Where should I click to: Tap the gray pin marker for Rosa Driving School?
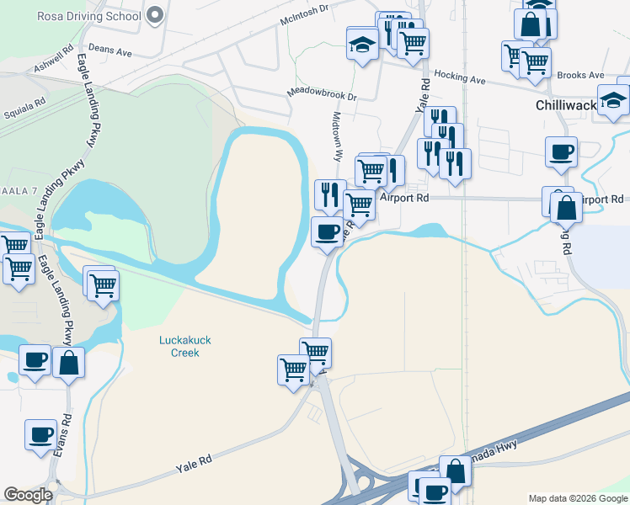point(154,14)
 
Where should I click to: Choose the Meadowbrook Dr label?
point(322,94)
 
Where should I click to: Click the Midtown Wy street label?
point(339,136)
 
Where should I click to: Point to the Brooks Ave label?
point(581,75)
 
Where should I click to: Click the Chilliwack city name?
point(565,106)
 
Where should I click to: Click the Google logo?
point(28,495)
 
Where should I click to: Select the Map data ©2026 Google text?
point(577,498)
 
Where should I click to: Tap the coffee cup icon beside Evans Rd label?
point(40,435)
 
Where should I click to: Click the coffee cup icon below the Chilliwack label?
point(561,152)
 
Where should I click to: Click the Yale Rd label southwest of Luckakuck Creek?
point(192,461)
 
